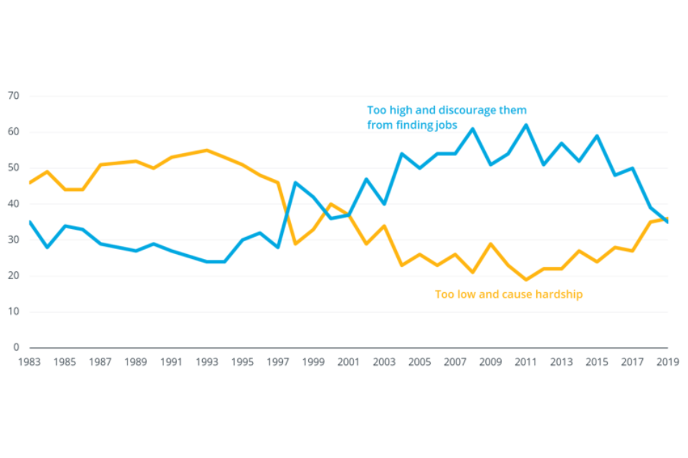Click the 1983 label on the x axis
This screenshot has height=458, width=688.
(29, 362)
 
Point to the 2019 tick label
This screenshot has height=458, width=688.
(668, 362)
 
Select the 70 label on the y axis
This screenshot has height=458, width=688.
(14, 96)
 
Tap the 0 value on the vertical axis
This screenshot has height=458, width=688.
(16, 347)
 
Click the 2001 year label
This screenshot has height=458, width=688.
(348, 362)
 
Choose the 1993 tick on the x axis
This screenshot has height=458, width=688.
(206, 362)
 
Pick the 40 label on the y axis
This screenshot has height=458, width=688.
(14, 204)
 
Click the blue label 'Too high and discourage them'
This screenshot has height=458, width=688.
(446, 110)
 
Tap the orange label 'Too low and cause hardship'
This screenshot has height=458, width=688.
(509, 294)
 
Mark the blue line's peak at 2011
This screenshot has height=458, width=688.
(526, 125)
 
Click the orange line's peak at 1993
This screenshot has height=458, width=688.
(206, 150)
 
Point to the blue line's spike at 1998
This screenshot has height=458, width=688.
(295, 182)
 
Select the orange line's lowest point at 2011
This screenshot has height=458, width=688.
(526, 279)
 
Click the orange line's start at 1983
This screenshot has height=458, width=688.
(29, 182)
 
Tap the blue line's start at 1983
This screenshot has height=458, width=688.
(29, 222)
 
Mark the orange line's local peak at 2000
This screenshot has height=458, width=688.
(330, 204)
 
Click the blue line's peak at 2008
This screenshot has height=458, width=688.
(473, 129)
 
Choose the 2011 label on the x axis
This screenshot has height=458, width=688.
(526, 362)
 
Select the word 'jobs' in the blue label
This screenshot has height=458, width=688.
(445, 125)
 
